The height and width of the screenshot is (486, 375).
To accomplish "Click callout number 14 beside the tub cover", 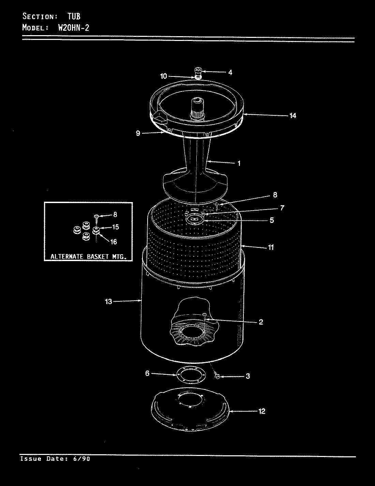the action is tap(292, 116).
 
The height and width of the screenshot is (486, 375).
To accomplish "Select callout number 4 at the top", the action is tap(230, 72).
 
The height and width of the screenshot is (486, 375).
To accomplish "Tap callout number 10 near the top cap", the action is tap(164, 76).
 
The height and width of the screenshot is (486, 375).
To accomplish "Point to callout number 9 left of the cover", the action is tap(138, 133).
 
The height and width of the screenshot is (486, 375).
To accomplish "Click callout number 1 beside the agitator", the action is tap(239, 163).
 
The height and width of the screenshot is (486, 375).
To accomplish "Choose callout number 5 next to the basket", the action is tap(272, 220).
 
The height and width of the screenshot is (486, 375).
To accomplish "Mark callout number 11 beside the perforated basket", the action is tap(271, 247).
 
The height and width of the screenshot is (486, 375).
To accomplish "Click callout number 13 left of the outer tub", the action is tap(108, 302).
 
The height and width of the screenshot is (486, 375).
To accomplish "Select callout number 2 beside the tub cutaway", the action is tap(261, 322).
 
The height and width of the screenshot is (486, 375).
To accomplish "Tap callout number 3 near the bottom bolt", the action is tap(248, 376).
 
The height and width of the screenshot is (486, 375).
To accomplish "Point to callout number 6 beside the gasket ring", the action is tap(147, 373).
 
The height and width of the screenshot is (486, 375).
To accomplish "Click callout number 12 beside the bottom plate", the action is tap(261, 411).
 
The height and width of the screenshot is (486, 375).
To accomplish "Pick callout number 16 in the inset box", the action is tap(114, 242).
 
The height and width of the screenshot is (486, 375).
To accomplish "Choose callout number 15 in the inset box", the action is tap(115, 227).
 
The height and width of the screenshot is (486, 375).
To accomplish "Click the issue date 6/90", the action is tap(81, 459).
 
